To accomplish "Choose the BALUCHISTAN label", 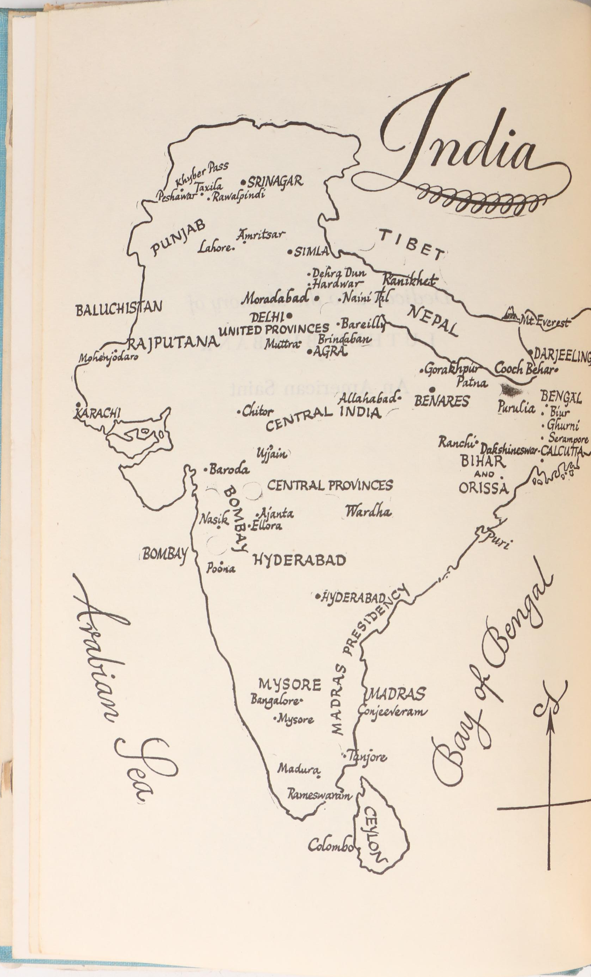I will [x=119, y=308].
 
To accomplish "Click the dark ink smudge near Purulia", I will [x=511, y=390].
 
